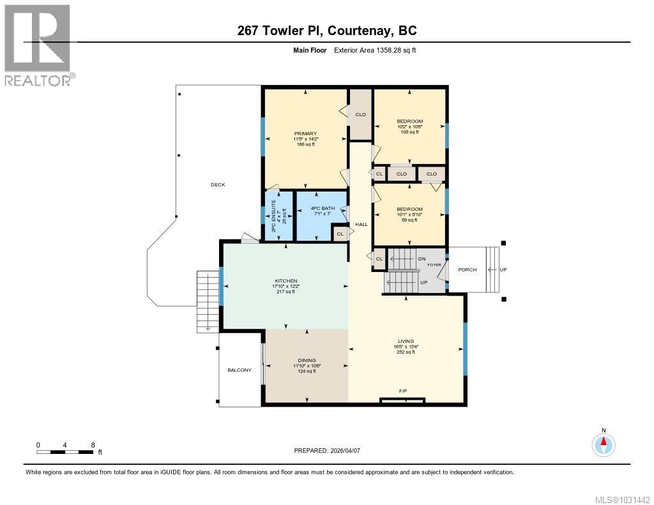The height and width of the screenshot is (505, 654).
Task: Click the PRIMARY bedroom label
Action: click(305, 133)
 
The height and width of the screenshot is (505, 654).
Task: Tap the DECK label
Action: click(218, 185)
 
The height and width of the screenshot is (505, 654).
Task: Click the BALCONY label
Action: click(240, 370)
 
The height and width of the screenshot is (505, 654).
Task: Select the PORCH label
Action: click(468, 269)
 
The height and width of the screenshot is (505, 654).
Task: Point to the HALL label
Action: click(361, 224)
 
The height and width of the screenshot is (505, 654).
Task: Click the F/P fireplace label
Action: click(403, 391)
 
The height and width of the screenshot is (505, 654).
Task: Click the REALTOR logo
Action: click(38, 45)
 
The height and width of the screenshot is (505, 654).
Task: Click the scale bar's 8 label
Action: click(93, 445)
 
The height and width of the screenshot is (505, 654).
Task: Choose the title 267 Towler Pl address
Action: click(326, 31)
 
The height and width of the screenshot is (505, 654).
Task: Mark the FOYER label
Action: click(435, 264)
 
